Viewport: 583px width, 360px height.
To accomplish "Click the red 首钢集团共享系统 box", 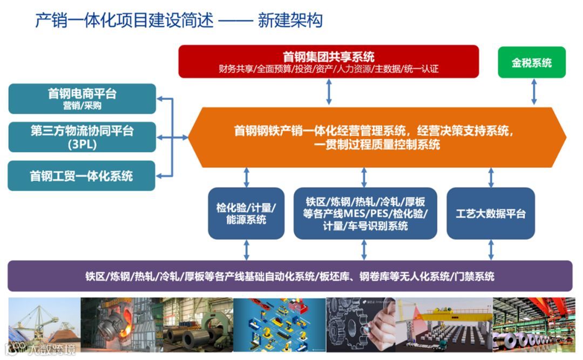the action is [x=328, y=62].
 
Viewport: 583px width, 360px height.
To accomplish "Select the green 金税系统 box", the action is [x=531, y=63].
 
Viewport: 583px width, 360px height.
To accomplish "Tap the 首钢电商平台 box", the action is [x=82, y=99].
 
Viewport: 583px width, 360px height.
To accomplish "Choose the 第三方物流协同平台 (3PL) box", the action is [x=82, y=137].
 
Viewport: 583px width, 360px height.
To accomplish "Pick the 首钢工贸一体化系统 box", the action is [x=82, y=175].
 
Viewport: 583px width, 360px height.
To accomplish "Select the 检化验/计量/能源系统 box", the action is [x=246, y=213].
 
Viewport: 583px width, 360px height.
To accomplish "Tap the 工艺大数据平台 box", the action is [x=490, y=213].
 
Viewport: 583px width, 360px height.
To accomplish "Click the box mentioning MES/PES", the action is [x=365, y=213].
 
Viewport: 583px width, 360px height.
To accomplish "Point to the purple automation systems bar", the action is [x=290, y=276].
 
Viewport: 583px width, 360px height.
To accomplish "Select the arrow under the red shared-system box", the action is [x=329, y=92].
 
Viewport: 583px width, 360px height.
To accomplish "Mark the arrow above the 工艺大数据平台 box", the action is [x=491, y=177].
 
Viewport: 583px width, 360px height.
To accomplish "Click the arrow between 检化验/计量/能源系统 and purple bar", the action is [x=247, y=250].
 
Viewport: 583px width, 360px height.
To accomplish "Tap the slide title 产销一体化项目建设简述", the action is [x=124, y=21].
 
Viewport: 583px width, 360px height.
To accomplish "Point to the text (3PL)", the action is [x=82, y=145].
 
